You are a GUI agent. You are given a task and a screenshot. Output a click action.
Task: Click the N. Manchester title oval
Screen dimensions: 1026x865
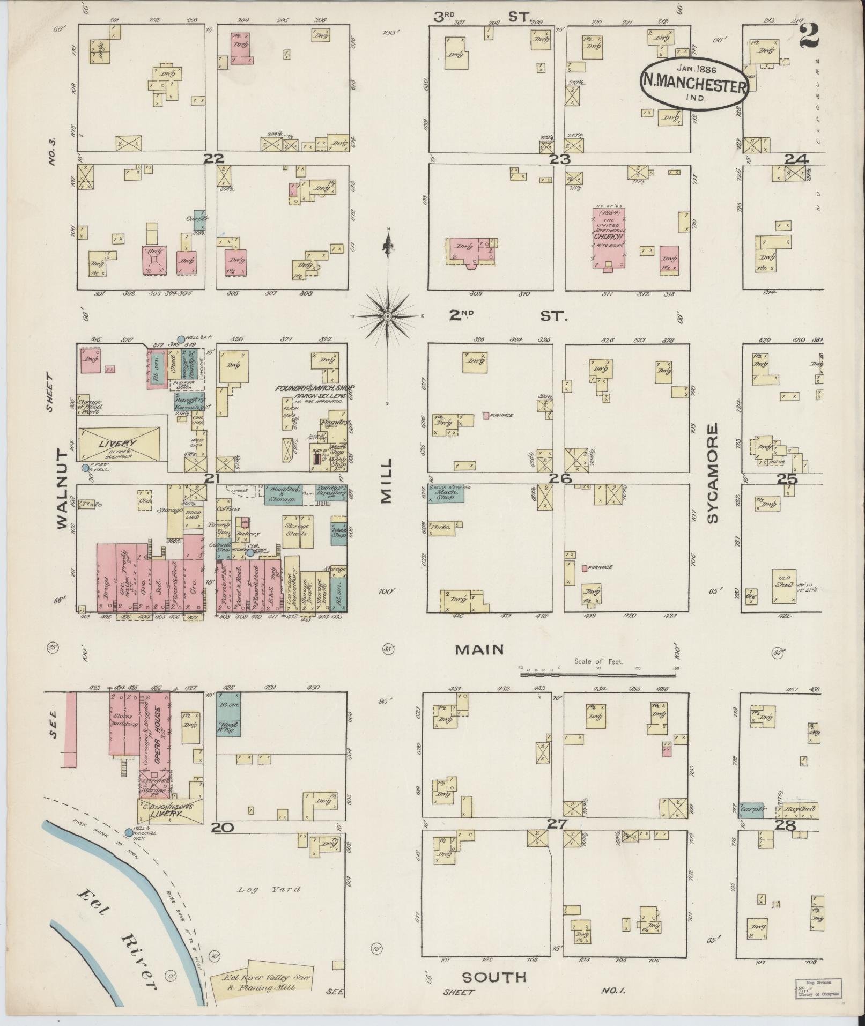click(x=693, y=83)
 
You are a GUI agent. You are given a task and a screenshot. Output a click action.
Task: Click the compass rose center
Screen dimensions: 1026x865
click(x=387, y=316)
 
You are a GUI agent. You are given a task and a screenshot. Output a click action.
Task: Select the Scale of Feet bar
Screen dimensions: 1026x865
click(x=598, y=673)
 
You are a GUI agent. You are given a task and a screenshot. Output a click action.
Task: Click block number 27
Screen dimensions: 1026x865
click(x=557, y=825)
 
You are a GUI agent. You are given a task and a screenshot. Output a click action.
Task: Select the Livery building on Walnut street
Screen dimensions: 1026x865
click(x=119, y=444)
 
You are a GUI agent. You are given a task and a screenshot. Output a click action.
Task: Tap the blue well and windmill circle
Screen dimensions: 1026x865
click(x=128, y=832)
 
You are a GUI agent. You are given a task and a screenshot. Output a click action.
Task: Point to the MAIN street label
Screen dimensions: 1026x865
click(x=479, y=650)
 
